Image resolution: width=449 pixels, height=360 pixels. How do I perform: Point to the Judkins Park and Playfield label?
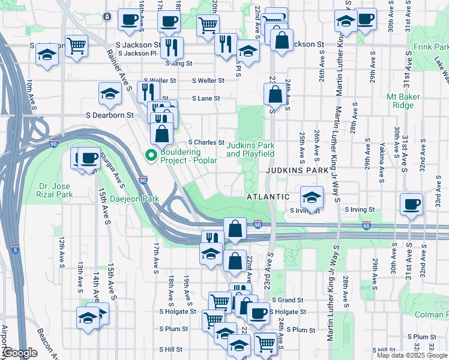[250, 149]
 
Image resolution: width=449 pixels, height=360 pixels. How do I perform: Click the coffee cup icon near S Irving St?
[412, 204]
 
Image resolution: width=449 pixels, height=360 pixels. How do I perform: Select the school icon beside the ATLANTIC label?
[312, 197]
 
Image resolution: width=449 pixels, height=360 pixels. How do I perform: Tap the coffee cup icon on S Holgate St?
[259, 313]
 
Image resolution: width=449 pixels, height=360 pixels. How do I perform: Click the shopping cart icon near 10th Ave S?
[77, 45]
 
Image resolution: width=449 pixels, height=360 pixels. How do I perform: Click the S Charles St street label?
[206, 143]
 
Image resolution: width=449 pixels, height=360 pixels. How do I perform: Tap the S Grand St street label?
[287, 300]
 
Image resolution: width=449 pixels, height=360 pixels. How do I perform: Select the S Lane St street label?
[206, 98]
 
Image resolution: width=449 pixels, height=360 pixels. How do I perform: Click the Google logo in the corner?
[19, 353]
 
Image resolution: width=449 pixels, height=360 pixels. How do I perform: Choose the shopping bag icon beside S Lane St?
[274, 94]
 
